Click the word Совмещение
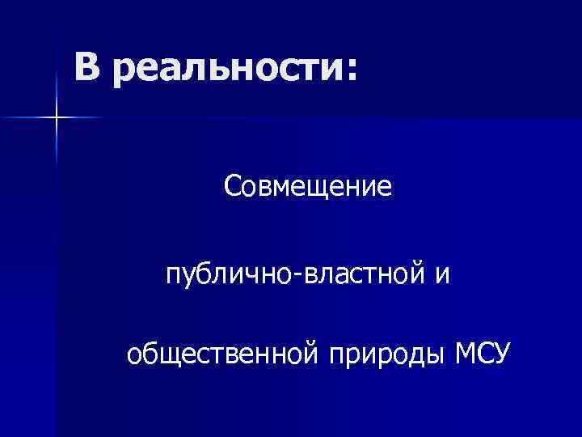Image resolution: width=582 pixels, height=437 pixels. [308, 188]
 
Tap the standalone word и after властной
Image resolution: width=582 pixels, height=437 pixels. [441, 274]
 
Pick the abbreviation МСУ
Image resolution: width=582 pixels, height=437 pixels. [481, 353]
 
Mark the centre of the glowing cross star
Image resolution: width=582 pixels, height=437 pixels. [57, 118]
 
